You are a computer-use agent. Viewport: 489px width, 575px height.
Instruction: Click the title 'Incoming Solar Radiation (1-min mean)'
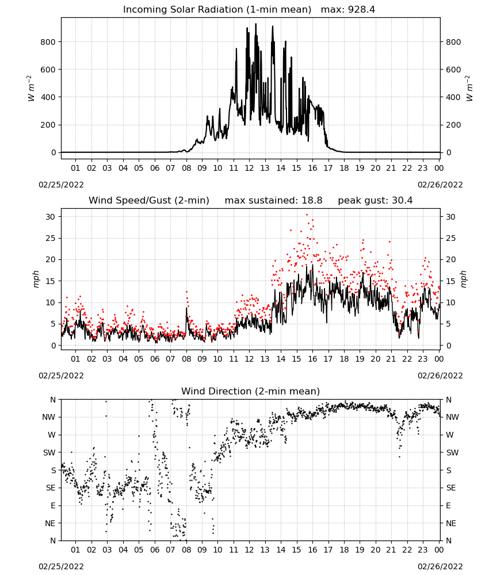pos(217,10)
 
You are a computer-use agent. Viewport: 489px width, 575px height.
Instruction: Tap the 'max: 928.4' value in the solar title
pos(348,10)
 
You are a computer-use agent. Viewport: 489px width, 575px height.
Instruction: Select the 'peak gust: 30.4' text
pos(375,201)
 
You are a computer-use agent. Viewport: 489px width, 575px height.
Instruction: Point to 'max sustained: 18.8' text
pos(273,201)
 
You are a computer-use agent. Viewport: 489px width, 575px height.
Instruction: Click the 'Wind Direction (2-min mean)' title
pos(251,391)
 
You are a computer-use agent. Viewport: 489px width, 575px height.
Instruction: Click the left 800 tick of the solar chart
pos(48,42)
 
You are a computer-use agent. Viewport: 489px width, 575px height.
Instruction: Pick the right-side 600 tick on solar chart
pos(453,70)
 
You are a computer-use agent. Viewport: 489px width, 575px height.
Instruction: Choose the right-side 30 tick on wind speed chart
pos(450,217)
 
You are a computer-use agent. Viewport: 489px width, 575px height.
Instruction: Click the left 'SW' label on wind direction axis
pos(49,453)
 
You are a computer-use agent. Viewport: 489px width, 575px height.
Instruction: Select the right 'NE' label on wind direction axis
pos(451,523)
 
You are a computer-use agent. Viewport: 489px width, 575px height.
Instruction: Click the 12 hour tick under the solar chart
pos(249,168)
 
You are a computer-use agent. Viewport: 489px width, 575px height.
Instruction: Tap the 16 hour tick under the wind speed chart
pos(312,359)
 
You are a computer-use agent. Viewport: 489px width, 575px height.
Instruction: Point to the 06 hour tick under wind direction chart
pos(155,550)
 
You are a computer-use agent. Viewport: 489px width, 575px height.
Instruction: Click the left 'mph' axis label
pos(36,279)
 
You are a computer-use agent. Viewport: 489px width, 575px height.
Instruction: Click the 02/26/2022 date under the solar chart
pos(440,185)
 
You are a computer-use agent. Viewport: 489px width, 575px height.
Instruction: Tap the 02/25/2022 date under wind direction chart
pos(61,566)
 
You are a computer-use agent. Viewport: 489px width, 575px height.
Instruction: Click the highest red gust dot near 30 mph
pos(307,215)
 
